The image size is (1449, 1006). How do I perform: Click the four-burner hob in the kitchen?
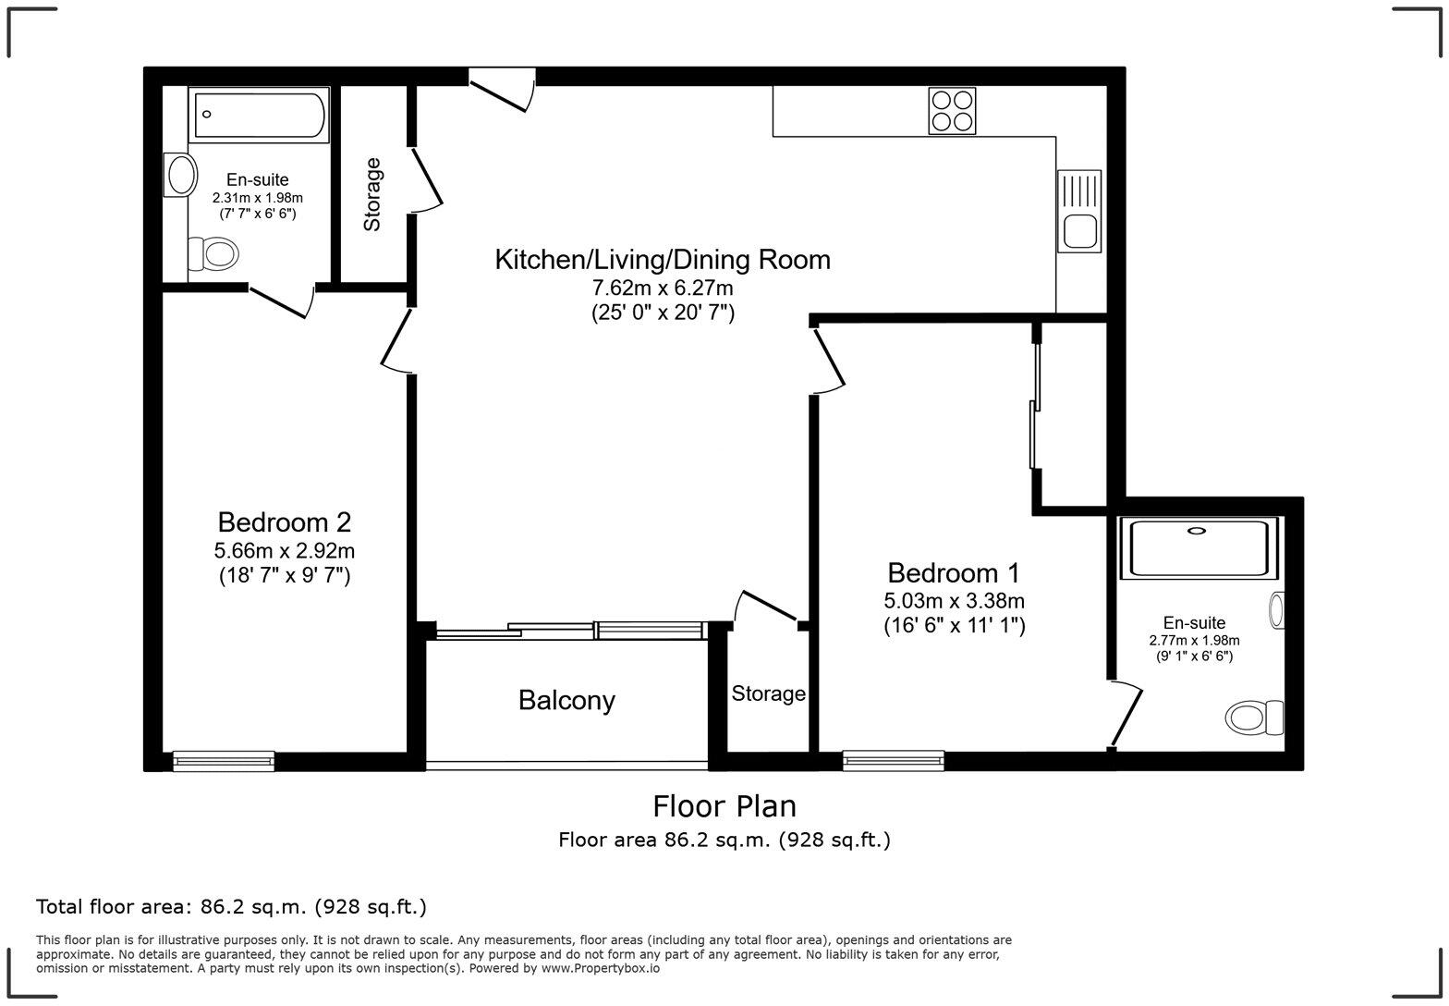pyautogui.click(x=951, y=111)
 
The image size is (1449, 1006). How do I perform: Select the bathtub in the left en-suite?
pyautogui.click(x=259, y=115)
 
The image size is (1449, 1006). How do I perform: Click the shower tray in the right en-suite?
pyautogui.click(x=1198, y=547)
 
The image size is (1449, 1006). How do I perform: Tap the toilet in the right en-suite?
pyautogui.click(x=1255, y=716)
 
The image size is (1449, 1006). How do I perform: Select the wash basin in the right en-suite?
pyautogui.click(x=1277, y=610)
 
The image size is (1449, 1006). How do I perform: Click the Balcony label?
pyautogui.click(x=566, y=701)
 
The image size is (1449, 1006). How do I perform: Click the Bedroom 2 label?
pyautogui.click(x=285, y=522)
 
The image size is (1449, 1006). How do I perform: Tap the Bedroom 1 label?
pyautogui.click(x=954, y=572)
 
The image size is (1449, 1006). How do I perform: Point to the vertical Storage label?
pyautogui.click(x=372, y=194)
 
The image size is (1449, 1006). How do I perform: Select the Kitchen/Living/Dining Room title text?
pyautogui.click(x=663, y=260)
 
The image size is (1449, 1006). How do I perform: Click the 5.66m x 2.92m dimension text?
pyautogui.click(x=285, y=551)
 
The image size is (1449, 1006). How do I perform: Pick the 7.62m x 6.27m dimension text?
pyautogui.click(x=663, y=289)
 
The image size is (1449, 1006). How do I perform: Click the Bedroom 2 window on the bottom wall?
pyautogui.click(x=224, y=760)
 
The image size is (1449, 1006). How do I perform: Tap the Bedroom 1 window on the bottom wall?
pyautogui.click(x=893, y=760)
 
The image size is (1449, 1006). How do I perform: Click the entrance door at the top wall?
pyautogui.click(x=502, y=90)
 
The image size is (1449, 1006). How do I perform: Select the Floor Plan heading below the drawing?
pyautogui.click(x=724, y=806)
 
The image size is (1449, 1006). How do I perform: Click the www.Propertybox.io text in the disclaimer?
pyautogui.click(x=601, y=969)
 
